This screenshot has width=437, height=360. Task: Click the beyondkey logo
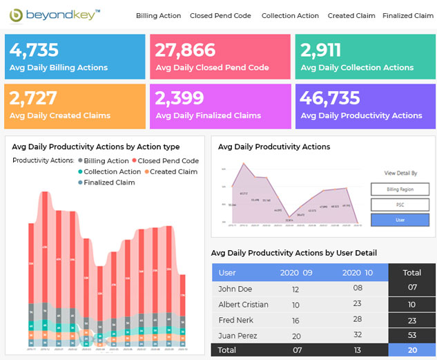click(55, 15)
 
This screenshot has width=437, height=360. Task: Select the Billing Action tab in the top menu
click(158, 16)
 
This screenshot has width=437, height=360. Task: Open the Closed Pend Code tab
click(221, 16)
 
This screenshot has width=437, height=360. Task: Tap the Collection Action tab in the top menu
click(290, 16)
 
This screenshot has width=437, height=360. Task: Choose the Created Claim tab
click(351, 16)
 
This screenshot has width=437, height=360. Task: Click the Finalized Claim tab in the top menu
click(407, 16)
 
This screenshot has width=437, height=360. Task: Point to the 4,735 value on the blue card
click(35, 50)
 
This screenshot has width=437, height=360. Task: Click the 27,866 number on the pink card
click(186, 50)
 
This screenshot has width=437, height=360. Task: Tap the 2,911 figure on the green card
click(321, 50)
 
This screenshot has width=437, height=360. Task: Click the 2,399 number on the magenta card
click(179, 98)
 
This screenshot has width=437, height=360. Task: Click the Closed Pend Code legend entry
click(168, 161)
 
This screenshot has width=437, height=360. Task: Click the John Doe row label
click(234, 289)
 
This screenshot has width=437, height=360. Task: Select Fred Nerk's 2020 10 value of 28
click(357, 321)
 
